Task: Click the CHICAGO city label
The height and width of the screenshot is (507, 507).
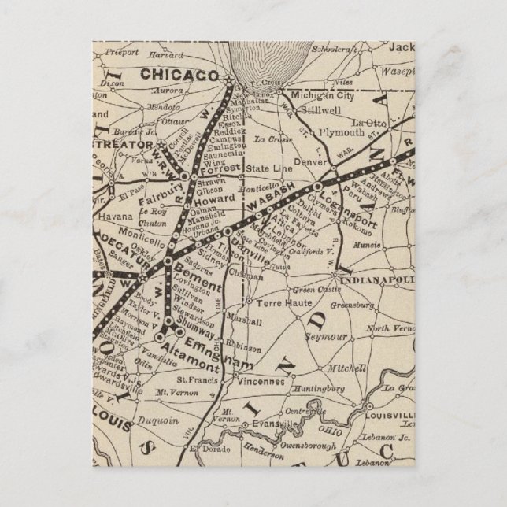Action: coord(179,75)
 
